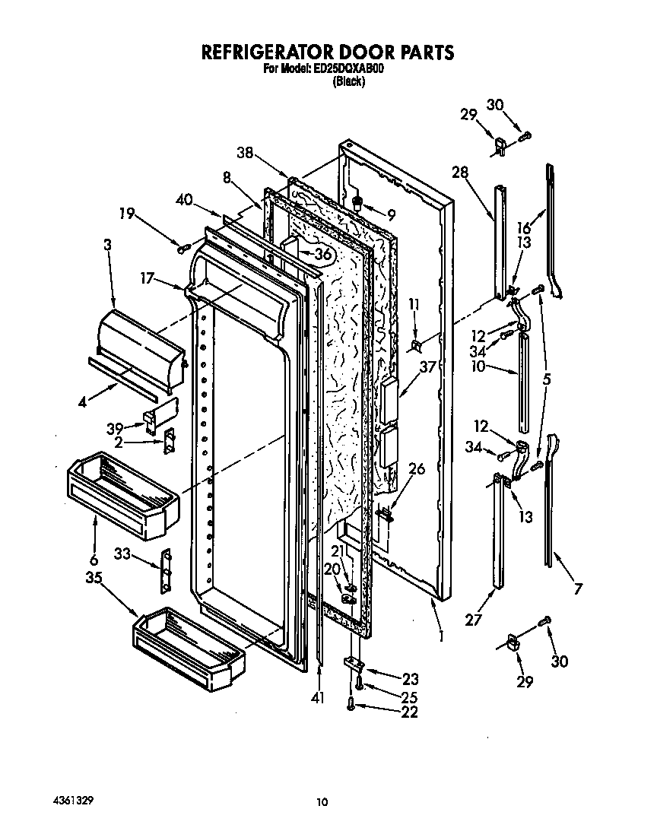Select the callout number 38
coord(244,152)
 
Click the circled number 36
coord(323,255)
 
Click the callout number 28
coord(461,173)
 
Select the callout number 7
coord(579,588)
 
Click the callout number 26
coord(416,469)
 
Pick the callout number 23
coord(410,679)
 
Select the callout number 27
coord(474,620)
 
